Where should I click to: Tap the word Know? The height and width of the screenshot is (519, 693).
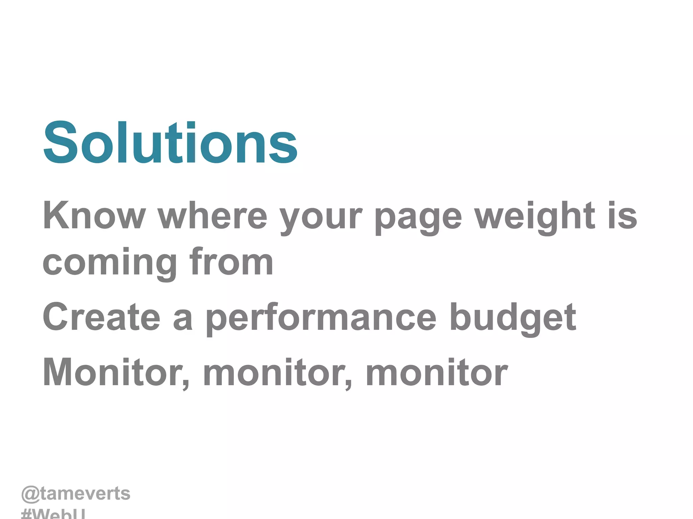coord(94,216)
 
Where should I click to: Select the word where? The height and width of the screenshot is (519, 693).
coord(213,216)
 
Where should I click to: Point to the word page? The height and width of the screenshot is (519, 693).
coord(418,218)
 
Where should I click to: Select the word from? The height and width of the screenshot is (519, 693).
coord(231,261)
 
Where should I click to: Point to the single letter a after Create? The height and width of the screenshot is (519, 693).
coord(183,320)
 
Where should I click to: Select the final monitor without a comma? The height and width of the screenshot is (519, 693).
coord(437,372)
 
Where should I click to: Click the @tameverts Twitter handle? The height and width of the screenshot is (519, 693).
coord(76,494)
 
